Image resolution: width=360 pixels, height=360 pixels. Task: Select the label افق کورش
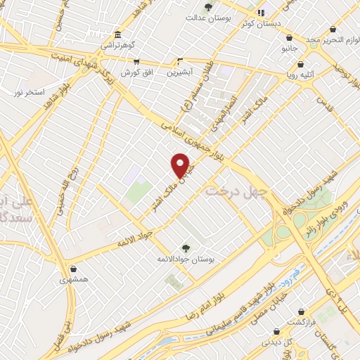(x=136, y=72)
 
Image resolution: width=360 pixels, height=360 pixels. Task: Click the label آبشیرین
(x=181, y=72)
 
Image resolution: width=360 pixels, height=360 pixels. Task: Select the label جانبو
(x=290, y=49)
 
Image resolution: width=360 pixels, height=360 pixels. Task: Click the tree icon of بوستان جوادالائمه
(x=186, y=247)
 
